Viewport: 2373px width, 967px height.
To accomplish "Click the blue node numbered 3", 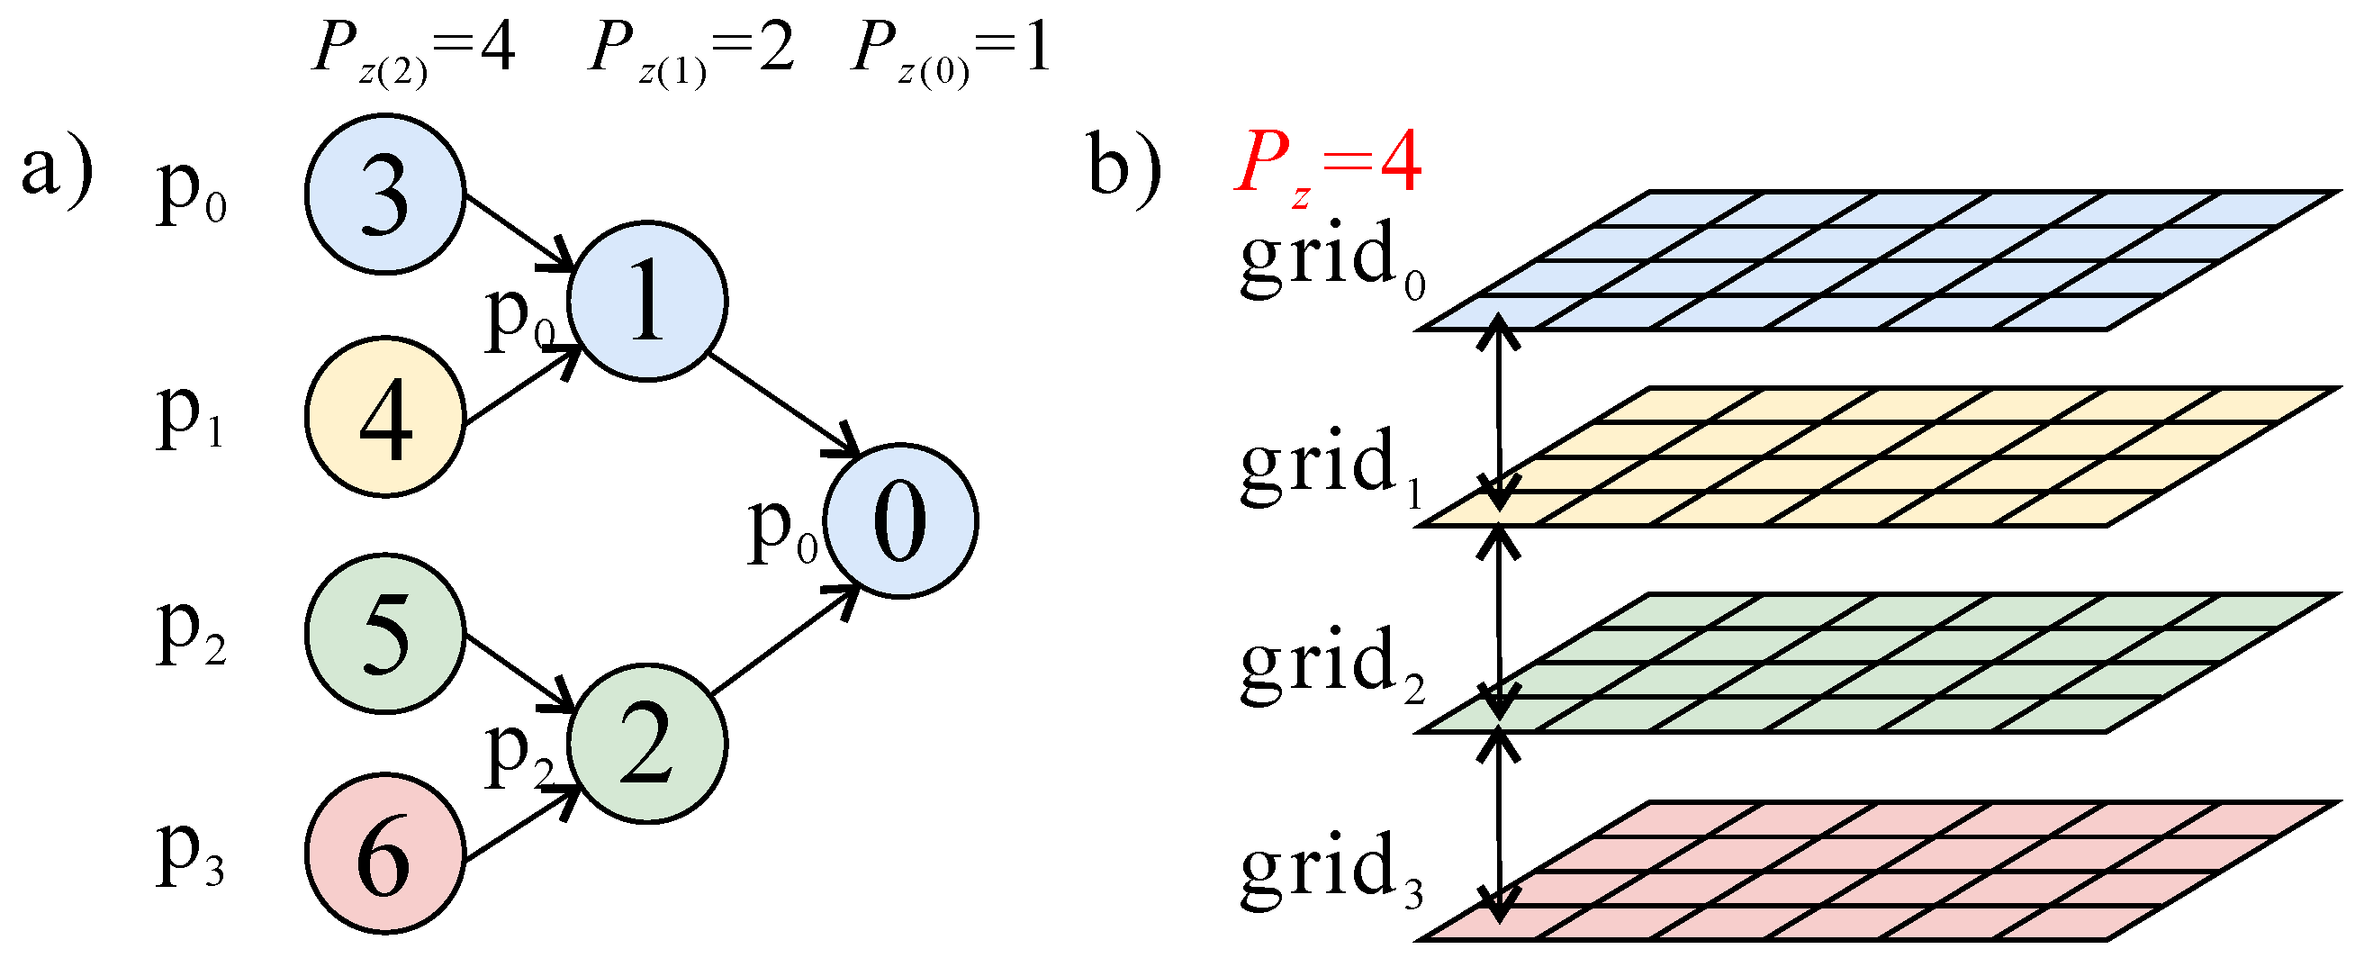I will click(x=385, y=194).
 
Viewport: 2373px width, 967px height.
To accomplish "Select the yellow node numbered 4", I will click(x=385, y=417).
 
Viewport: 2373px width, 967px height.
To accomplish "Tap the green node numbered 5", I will click(x=385, y=635).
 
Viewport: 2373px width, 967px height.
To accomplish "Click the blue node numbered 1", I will click(x=647, y=301).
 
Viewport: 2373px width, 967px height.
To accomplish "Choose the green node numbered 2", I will click(x=647, y=744).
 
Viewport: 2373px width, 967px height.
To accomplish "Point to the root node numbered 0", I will click(x=901, y=521).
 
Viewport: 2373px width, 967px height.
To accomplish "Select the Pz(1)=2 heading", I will click(x=690, y=50).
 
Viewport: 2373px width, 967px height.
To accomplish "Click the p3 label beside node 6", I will click(x=190, y=854).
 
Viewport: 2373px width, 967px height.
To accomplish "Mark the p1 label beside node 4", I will click(x=190, y=416).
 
